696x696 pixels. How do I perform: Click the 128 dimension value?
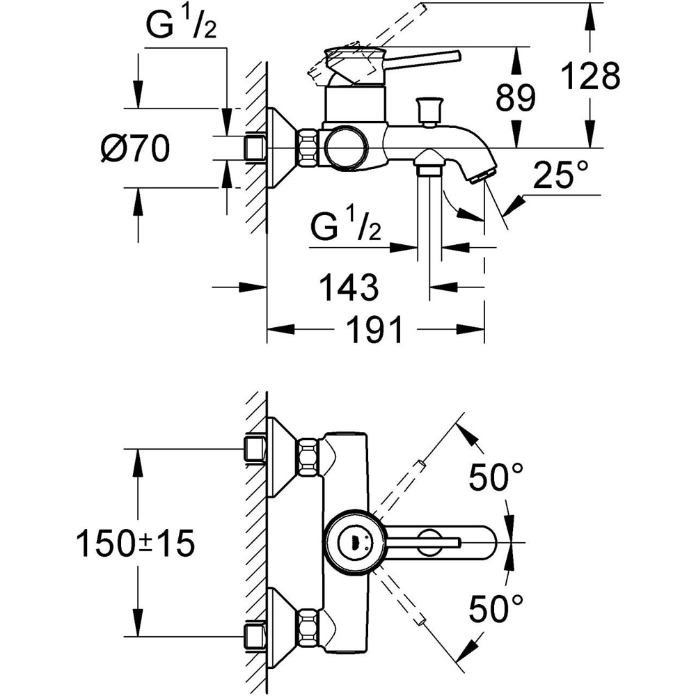tap(591, 77)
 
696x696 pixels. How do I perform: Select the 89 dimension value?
tap(516, 99)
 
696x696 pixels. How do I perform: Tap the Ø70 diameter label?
tap(135, 148)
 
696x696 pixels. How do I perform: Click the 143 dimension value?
tap(348, 286)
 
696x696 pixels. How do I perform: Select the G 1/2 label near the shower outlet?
tap(345, 228)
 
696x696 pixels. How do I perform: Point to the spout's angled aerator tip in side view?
tap(482, 174)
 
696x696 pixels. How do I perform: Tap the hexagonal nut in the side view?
tap(308, 148)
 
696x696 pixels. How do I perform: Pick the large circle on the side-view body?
tap(346, 148)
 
